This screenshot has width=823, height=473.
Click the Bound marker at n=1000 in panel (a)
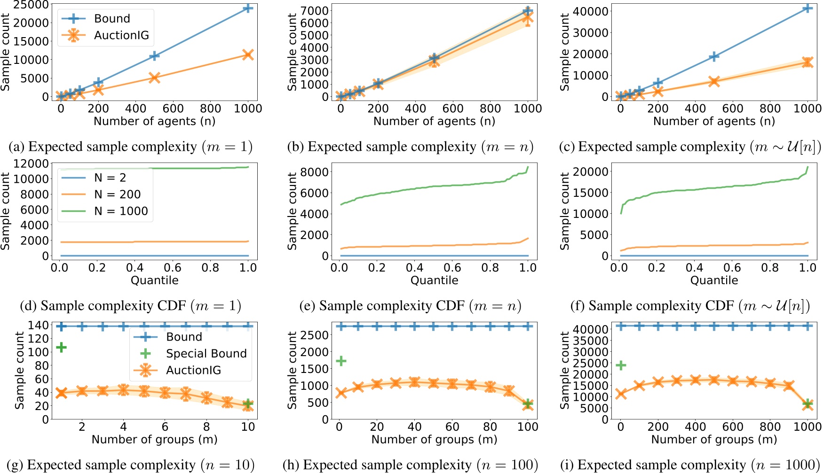[x=247, y=8]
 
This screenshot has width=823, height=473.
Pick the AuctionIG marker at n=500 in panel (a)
[x=154, y=78]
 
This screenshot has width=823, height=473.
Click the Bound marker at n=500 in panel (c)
[x=714, y=56]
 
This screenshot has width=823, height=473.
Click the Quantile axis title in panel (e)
[x=434, y=280]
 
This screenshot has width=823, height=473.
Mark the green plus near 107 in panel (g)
[x=61, y=347]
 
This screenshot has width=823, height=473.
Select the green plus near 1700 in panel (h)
[x=341, y=361]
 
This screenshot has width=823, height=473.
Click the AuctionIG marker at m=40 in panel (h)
[x=414, y=382]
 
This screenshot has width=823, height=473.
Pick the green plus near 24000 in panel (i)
[x=621, y=365]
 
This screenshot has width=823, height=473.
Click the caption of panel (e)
[x=410, y=306]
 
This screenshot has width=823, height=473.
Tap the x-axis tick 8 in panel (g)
[x=206, y=426]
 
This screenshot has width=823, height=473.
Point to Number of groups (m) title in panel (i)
[x=714, y=440]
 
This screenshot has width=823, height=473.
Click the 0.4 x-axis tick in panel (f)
[x=695, y=268]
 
